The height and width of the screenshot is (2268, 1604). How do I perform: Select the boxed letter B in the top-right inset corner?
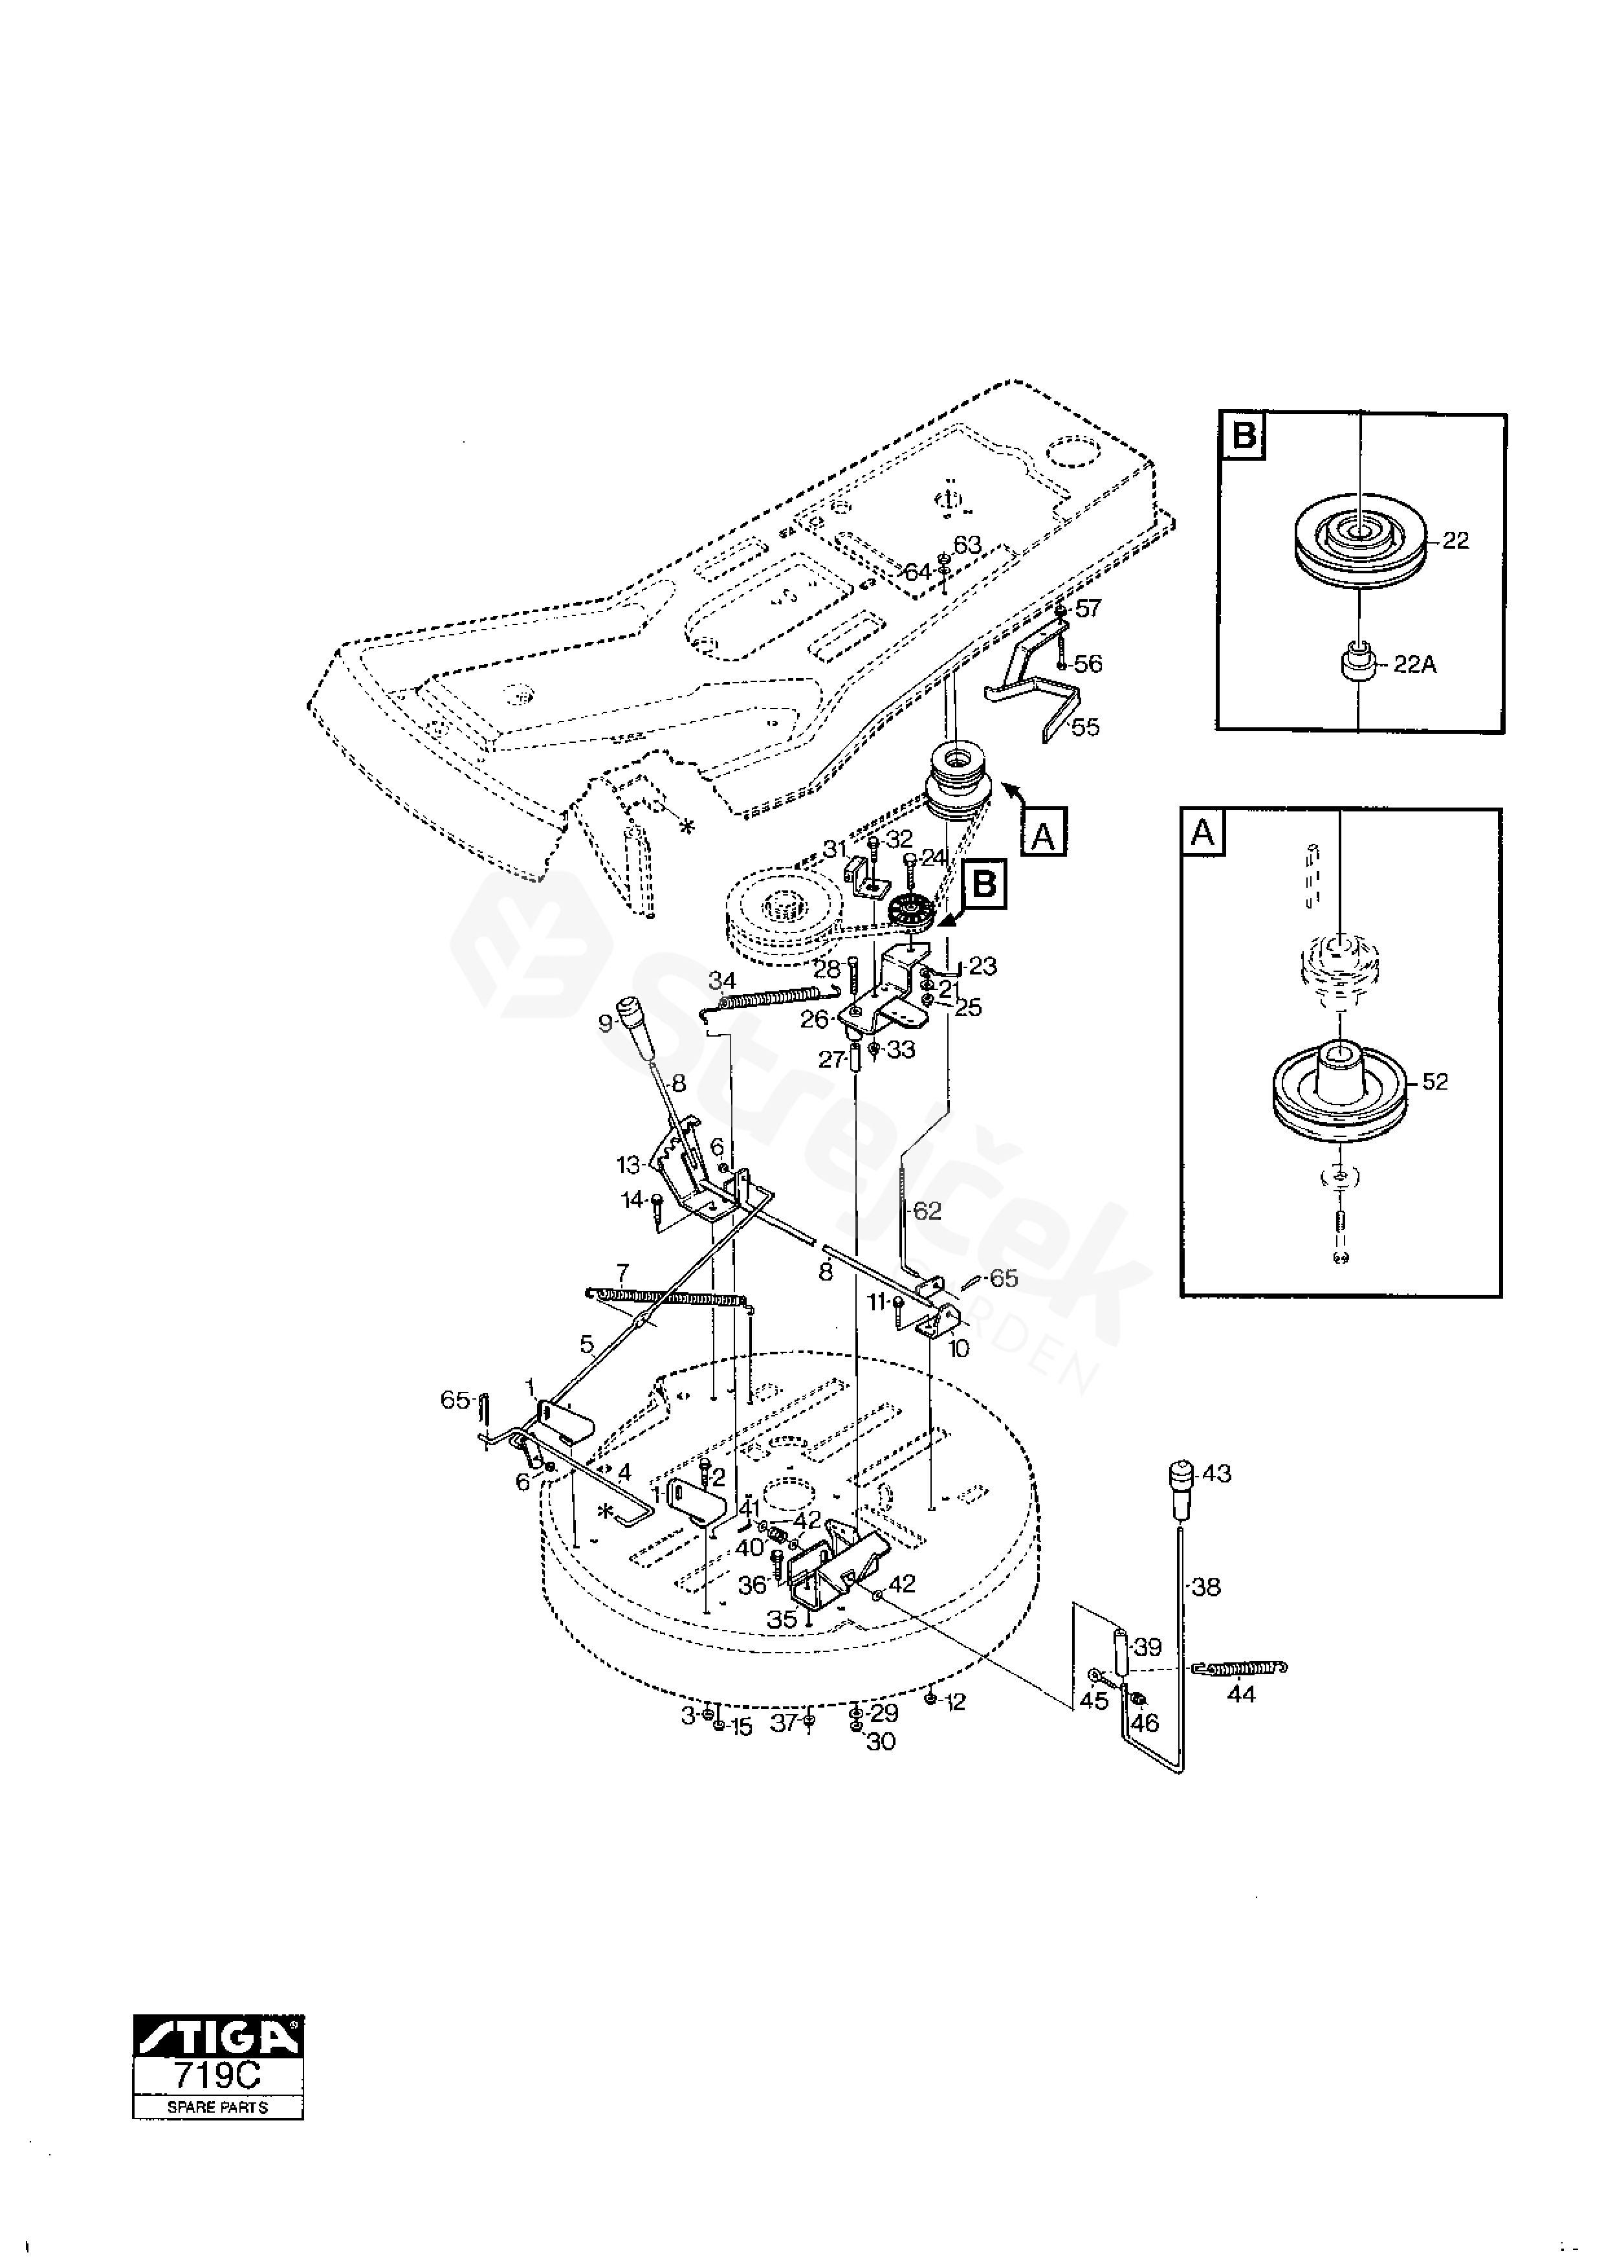pyautogui.click(x=1244, y=435)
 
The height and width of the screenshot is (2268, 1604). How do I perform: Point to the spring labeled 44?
pyautogui.click(x=1240, y=1668)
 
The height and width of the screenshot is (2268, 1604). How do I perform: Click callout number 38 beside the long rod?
pyautogui.click(x=1207, y=1587)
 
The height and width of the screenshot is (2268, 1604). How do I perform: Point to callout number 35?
pyautogui.click(x=782, y=1620)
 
